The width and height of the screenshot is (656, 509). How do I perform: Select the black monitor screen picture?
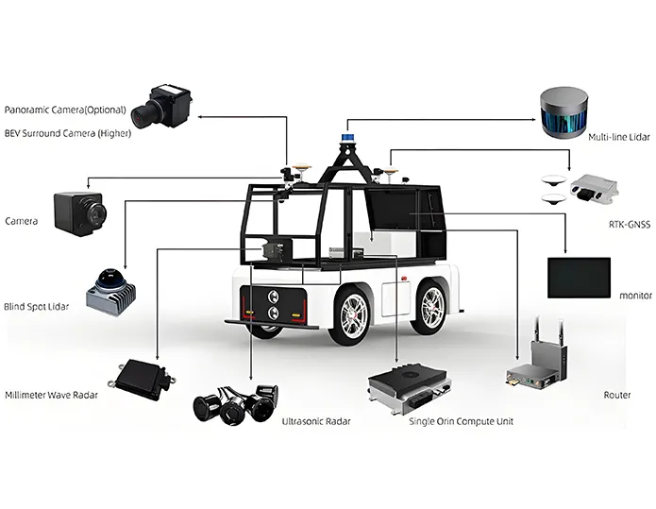coord(579,277)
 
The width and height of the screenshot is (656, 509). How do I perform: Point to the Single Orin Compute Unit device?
coord(407,386)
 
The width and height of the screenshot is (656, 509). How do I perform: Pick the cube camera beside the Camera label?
coord(78,212)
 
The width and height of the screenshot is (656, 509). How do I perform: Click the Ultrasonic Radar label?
coord(315,421)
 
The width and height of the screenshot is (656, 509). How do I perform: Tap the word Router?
coord(616,395)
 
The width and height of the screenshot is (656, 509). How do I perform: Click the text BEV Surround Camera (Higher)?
coord(68,133)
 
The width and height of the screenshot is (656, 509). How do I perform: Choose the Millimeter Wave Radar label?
coord(51,395)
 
